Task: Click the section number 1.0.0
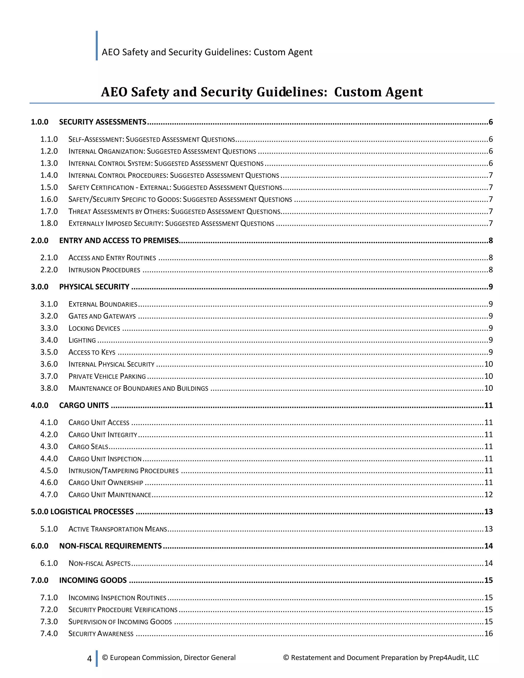(39, 122)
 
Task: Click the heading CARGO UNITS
(84, 406)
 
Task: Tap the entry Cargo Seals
(88, 447)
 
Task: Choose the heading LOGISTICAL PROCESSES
(92, 512)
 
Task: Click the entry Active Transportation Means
(118, 529)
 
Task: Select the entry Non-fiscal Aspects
(99, 563)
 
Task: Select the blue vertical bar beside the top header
(97, 45)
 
